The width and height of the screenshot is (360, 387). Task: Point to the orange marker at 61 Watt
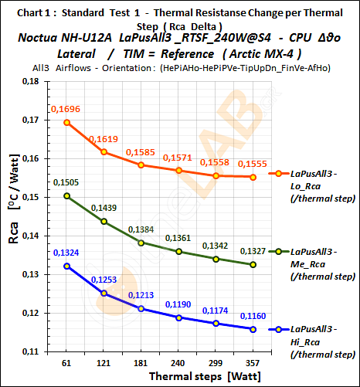(67, 122)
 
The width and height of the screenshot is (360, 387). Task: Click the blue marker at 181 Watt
(141, 308)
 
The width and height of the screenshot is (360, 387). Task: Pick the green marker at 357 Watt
(254, 264)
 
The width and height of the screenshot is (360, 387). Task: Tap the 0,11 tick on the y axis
(35, 351)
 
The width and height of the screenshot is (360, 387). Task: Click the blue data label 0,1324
(68, 253)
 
